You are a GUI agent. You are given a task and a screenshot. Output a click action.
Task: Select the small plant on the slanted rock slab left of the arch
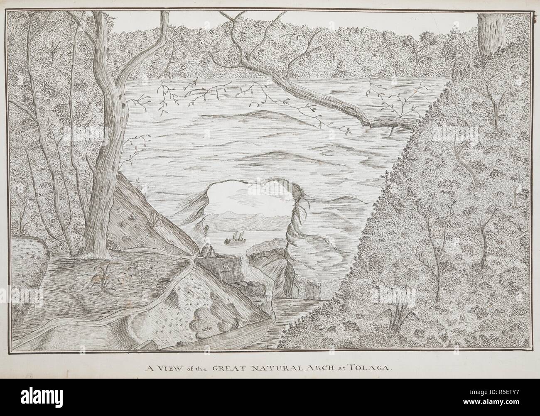click(x=157, y=218)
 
